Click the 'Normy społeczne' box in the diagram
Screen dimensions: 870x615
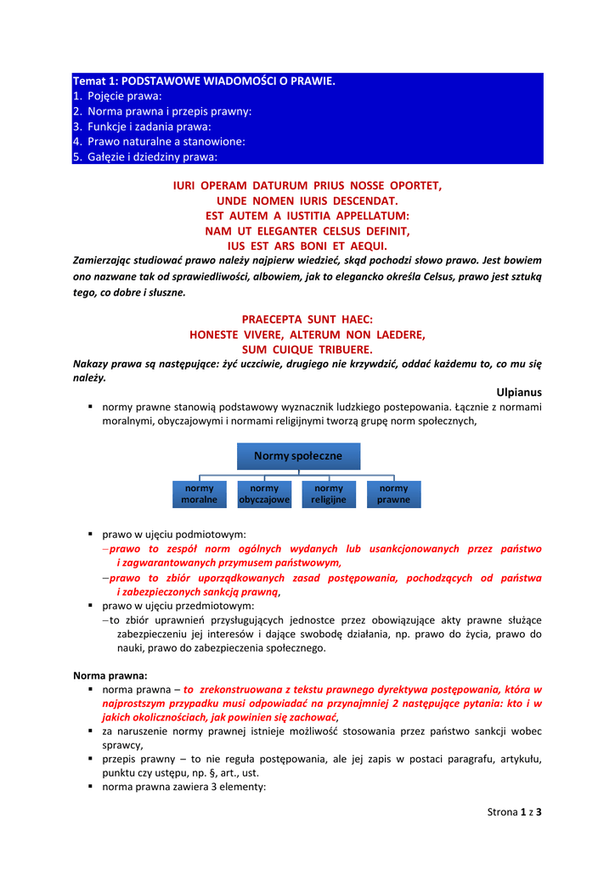click(297, 456)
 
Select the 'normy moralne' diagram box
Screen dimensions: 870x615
click(200, 494)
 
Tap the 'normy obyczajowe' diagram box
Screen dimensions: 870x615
click(264, 494)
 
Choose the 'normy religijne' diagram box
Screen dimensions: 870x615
click(329, 494)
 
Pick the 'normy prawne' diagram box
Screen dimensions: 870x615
click(393, 494)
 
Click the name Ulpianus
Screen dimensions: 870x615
click(518, 393)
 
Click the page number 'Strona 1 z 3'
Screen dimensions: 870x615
click(514, 811)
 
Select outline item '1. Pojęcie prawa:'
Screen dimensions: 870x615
click(116, 96)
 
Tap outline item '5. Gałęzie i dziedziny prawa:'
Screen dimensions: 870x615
click(145, 157)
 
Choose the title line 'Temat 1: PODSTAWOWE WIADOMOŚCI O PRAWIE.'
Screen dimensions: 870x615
click(204, 81)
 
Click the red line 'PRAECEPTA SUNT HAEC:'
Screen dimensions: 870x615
click(307, 319)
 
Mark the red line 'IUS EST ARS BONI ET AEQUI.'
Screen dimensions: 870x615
click(307, 246)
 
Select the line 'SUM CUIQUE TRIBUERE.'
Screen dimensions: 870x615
click(307, 349)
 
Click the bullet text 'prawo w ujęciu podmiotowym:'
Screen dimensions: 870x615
click(174, 535)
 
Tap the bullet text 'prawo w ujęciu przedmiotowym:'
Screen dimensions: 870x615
click(178, 607)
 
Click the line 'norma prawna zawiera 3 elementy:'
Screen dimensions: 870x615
click(184, 787)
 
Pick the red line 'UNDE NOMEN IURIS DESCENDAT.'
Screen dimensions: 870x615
click(307, 200)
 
